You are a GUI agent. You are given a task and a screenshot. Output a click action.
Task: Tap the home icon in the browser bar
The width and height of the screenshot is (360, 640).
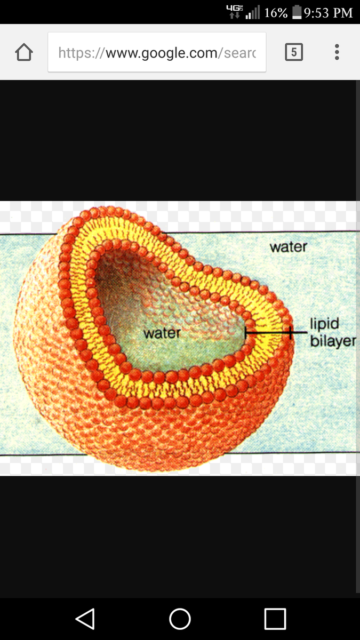24,52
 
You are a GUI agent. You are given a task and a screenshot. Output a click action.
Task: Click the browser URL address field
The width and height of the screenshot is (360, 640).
157,52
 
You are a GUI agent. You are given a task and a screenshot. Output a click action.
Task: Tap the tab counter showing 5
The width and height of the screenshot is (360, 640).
294,52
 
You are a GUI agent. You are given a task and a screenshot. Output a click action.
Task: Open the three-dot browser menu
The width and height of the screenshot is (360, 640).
337,52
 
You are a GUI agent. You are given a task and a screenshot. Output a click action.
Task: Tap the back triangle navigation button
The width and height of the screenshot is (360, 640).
85,619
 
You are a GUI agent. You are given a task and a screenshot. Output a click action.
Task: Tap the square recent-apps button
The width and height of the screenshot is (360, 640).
275,619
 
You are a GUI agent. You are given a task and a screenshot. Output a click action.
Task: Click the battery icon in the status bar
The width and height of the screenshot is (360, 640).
297,12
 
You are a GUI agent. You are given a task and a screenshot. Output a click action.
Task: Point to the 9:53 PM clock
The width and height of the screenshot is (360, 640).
329,13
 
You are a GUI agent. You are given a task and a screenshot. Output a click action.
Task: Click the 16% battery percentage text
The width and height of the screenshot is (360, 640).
276,13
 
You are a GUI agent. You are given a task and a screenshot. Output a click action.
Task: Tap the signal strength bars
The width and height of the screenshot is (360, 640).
253,12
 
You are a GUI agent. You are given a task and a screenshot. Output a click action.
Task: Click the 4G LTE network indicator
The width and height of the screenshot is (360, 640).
235,11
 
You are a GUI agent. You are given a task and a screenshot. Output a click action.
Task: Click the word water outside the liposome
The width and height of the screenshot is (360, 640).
289,247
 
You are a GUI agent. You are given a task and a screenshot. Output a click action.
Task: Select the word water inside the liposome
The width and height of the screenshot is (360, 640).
162,333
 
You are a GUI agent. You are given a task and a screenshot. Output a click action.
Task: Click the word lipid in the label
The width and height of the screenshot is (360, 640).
325,324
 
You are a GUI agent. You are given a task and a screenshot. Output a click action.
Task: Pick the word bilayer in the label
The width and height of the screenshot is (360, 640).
333,341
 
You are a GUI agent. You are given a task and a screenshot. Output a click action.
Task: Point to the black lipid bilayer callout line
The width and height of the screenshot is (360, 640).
276,333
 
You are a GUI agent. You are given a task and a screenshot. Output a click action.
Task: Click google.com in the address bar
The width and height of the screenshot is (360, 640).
162,53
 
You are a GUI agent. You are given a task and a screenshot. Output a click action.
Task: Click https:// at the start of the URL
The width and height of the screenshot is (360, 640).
82,53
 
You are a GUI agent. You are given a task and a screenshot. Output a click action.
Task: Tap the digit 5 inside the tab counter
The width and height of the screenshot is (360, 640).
294,52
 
